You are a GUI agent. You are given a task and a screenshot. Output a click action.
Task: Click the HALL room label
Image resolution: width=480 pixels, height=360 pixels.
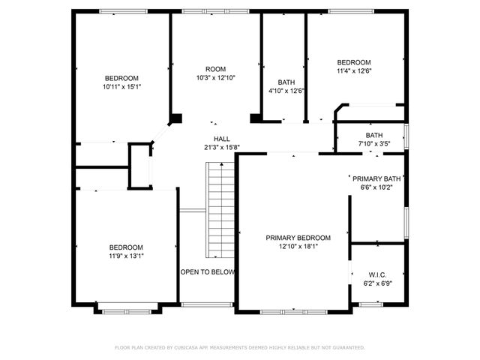pyautogui.click(x=222, y=139)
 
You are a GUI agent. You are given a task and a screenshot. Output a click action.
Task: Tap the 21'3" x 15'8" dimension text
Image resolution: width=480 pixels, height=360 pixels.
pyautogui.click(x=222, y=147)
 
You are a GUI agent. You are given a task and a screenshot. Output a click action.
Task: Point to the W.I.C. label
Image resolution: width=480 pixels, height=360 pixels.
pyautogui.click(x=378, y=274)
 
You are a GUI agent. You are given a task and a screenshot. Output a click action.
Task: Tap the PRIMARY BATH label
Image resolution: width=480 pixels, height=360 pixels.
pyautogui.click(x=377, y=178)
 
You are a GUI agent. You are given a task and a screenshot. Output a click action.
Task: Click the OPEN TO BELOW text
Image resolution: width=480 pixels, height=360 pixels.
pyautogui.click(x=208, y=272)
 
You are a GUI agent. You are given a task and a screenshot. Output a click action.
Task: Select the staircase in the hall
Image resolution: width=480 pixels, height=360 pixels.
pyautogui.click(x=220, y=211)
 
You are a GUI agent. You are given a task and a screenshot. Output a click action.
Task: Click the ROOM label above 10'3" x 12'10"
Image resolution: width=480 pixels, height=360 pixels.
pyautogui.click(x=216, y=69)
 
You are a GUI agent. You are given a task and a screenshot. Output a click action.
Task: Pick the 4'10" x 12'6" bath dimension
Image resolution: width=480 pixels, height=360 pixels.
pyautogui.click(x=286, y=91)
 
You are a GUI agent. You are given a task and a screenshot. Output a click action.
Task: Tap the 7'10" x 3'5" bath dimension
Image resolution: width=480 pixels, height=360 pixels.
pyautogui.click(x=373, y=143)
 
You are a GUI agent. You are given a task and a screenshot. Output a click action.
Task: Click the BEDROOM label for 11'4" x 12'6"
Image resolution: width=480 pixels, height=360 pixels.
pyautogui.click(x=354, y=62)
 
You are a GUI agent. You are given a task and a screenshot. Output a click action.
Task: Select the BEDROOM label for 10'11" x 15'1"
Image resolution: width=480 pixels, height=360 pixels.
pyautogui.click(x=121, y=78)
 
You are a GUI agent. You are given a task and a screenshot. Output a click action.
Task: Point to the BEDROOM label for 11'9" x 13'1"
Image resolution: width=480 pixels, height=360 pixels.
pyautogui.click(x=126, y=247)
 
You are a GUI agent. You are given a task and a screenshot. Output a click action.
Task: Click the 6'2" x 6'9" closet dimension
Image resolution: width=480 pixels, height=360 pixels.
pyautogui.click(x=378, y=283)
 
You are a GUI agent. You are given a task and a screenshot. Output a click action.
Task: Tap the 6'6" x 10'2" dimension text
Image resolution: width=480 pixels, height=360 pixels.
pyautogui.click(x=377, y=187)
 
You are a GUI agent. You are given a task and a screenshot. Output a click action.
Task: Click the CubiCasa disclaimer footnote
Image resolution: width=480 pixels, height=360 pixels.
pyautogui.click(x=240, y=348)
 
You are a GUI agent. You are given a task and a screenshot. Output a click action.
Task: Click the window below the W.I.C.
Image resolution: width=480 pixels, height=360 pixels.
pyautogui.click(x=368, y=304)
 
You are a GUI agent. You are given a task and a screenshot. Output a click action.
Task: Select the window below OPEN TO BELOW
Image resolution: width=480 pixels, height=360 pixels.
pyautogui.click(x=208, y=304)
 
